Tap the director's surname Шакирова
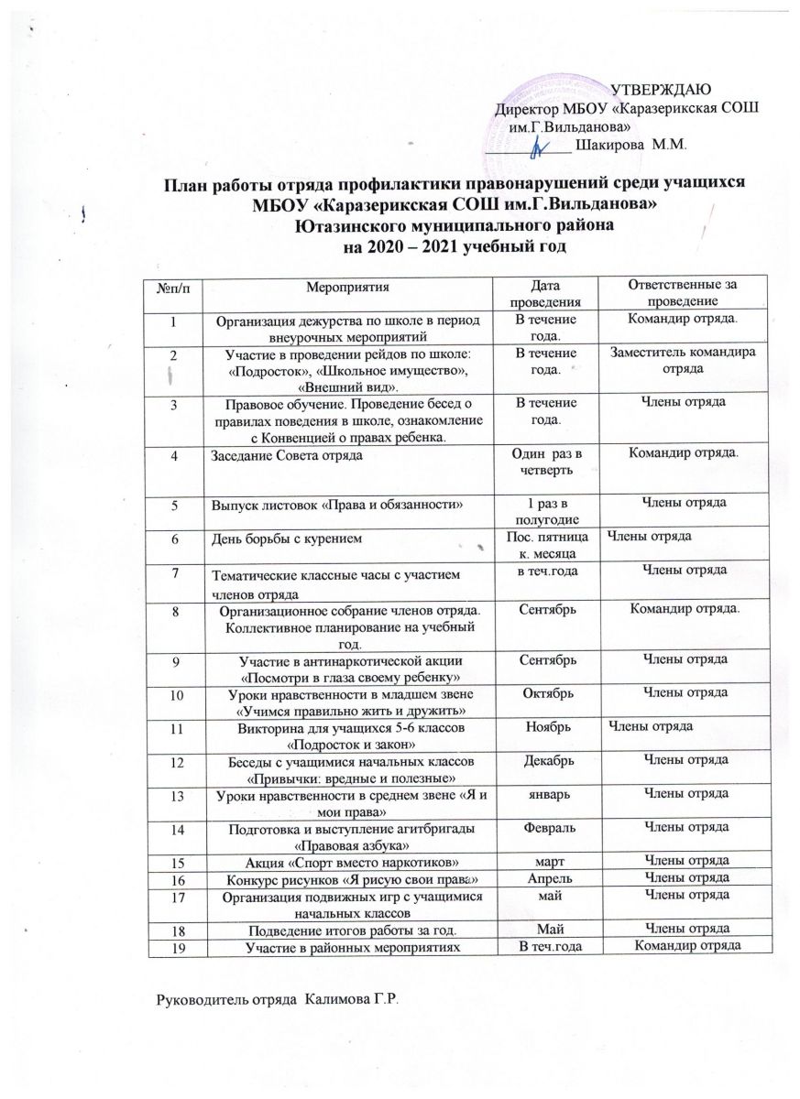[614, 143]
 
